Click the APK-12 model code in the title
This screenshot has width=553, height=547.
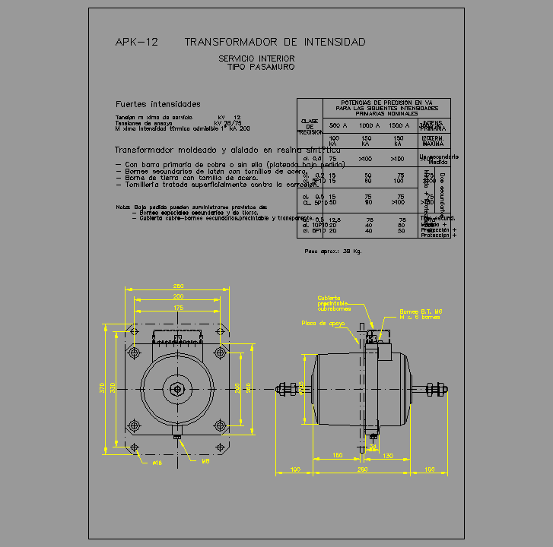point(136,43)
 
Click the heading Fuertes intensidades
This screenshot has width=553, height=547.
point(157,104)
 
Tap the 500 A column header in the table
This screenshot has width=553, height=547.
point(338,125)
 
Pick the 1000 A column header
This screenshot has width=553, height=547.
point(369,125)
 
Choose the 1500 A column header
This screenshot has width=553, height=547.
point(399,125)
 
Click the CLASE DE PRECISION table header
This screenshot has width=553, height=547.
point(309,126)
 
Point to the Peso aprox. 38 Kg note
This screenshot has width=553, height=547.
point(332,251)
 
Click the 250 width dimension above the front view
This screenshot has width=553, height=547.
point(178,286)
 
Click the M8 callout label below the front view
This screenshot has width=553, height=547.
point(205,461)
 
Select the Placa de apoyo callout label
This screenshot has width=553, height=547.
point(323,323)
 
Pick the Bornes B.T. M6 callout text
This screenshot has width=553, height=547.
point(421,312)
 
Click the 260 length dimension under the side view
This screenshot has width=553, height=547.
point(362,470)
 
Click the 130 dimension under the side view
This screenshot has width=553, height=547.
point(387,456)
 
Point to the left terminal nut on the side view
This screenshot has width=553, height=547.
point(287,389)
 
